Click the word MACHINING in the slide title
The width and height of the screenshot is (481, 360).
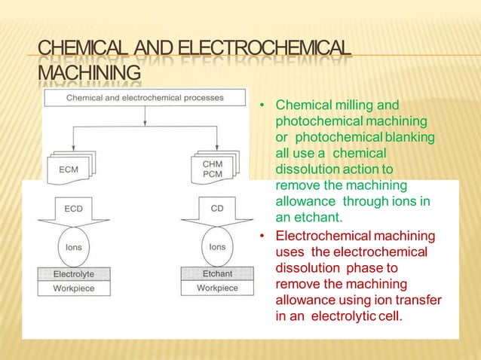pos(90,74)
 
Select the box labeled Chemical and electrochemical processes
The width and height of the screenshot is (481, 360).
pos(145,98)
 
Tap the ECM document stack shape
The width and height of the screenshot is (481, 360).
pos(71,169)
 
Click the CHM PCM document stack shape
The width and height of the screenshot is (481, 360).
pos(213,168)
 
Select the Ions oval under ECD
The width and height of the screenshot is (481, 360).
pos(73,246)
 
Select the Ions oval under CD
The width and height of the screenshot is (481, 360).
pos(216,246)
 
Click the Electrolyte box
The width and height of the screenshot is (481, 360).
pos(73,275)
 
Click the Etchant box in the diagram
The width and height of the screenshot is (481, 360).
pos(216,275)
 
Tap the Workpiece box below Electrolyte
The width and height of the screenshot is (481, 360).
pos(73,288)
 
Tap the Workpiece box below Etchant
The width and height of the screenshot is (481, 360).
pos(216,288)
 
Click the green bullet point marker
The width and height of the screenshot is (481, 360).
pos(261,105)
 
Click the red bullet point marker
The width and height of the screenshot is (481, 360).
pos(261,237)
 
